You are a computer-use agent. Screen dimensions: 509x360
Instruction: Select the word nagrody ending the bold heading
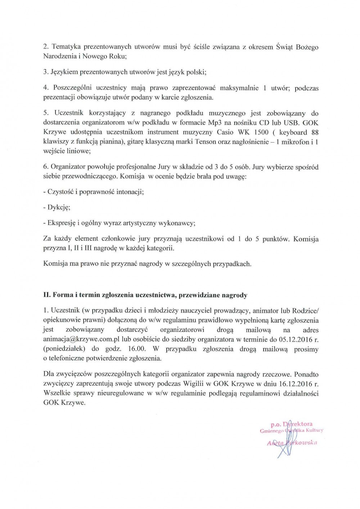(236, 295)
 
